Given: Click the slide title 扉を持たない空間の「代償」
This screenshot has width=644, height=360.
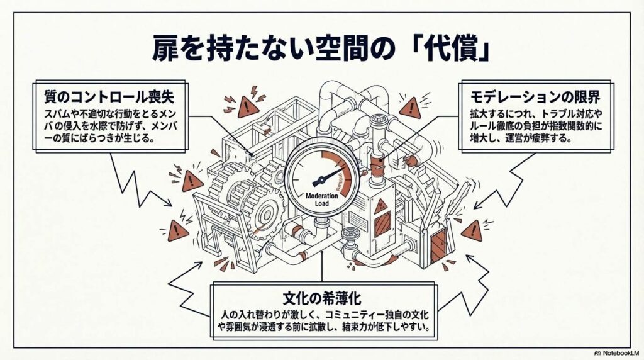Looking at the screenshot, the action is click(x=321, y=48).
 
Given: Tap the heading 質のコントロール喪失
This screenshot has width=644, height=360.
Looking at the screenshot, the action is click(x=109, y=96).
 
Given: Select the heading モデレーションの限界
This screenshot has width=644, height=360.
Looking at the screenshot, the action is click(x=535, y=97).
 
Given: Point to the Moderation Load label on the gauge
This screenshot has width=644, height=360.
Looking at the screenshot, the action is click(x=321, y=200).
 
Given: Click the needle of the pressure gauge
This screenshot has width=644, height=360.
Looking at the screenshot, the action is click(x=328, y=175).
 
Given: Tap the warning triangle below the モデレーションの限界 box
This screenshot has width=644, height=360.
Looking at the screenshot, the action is click(x=410, y=108).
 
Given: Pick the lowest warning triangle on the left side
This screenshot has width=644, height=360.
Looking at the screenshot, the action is click(x=178, y=232).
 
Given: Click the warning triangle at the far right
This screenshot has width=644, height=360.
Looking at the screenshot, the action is click(x=472, y=231).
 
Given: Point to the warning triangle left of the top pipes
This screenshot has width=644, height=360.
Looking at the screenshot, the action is click(x=248, y=108).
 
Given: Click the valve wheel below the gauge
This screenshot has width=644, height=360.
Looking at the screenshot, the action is click(x=351, y=233).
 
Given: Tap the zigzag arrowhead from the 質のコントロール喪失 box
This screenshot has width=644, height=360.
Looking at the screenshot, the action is click(x=167, y=202).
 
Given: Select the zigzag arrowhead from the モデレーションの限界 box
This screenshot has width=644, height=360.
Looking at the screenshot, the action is click(x=478, y=205).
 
